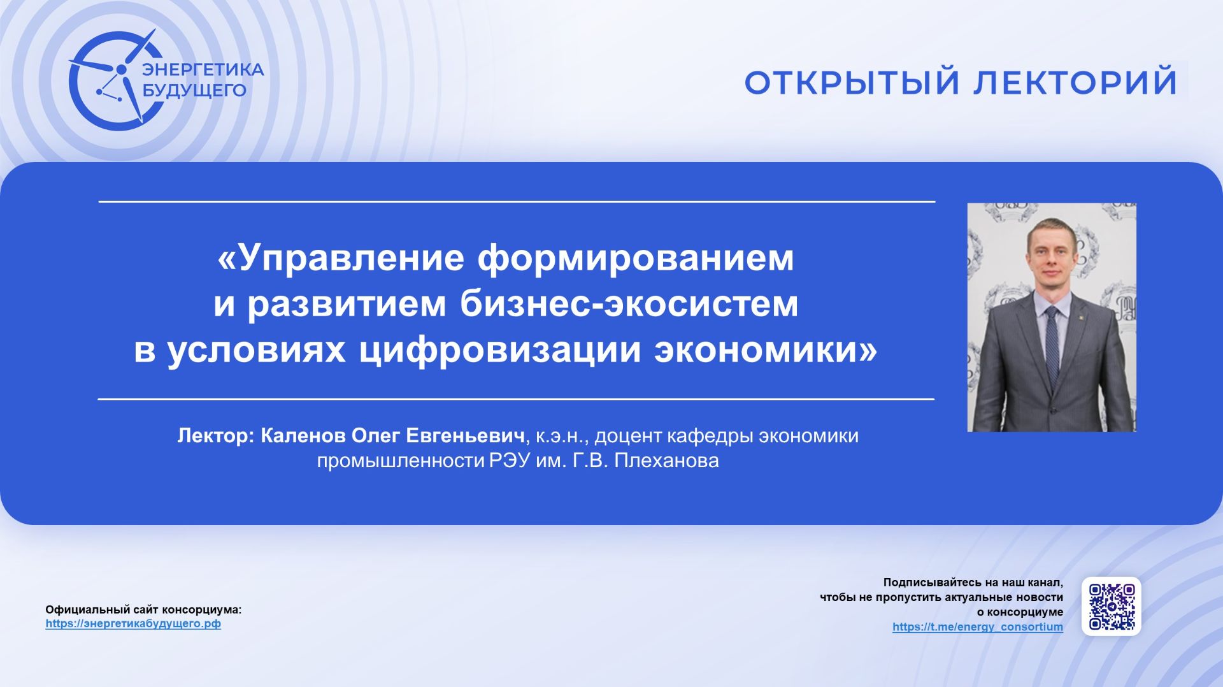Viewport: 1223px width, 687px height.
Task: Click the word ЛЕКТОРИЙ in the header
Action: (x=1075, y=82)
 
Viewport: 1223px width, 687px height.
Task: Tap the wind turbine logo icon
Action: (x=111, y=80)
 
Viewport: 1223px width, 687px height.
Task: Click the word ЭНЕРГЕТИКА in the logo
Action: (x=203, y=69)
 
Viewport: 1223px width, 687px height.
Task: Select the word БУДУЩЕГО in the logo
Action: (x=194, y=90)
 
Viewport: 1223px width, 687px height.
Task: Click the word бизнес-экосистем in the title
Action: (x=629, y=304)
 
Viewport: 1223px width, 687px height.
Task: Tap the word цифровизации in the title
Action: (x=499, y=350)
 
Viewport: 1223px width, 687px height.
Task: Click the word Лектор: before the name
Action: (x=216, y=436)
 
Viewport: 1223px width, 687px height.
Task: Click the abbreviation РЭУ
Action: (x=510, y=461)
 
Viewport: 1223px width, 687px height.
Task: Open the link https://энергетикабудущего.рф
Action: (x=133, y=624)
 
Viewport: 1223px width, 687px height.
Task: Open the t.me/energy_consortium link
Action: (x=977, y=627)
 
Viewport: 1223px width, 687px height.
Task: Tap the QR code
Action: (x=1112, y=607)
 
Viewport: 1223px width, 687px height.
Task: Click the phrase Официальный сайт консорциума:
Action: (x=143, y=610)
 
